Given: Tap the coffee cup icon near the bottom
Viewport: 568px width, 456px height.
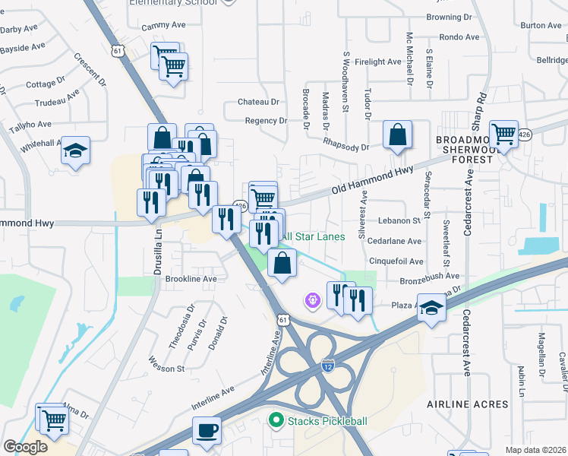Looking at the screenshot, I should pyautogui.click(x=207, y=431).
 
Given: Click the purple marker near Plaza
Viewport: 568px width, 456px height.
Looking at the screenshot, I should pyautogui.click(x=311, y=301).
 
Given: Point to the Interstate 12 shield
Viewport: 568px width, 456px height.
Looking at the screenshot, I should pyautogui.click(x=328, y=366).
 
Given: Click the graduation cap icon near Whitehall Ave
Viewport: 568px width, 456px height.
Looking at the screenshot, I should pyautogui.click(x=75, y=150).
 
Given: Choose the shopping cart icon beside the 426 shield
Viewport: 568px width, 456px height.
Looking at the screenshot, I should pyautogui.click(x=503, y=135).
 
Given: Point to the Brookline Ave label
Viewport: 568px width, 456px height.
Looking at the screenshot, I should pyautogui.click(x=191, y=279).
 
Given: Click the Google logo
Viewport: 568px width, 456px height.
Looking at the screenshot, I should pyautogui.click(x=25, y=447).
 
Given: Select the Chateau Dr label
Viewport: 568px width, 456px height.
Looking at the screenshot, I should pyautogui.click(x=259, y=102).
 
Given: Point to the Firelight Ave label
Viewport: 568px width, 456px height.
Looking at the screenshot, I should pyautogui.click(x=377, y=62).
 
